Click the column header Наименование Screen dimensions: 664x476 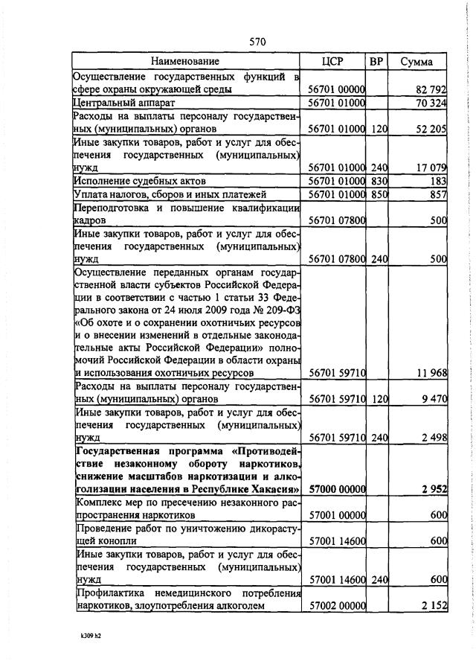pos(185,61)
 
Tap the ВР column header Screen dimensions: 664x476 pos(378,61)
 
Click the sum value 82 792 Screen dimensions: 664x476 pos(431,89)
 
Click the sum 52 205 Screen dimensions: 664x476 pos(431,129)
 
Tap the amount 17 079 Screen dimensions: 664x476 pos(431,168)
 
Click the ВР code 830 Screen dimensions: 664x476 pos(379,182)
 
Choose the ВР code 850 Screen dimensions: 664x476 pos(379,194)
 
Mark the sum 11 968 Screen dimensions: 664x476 pos(430,372)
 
